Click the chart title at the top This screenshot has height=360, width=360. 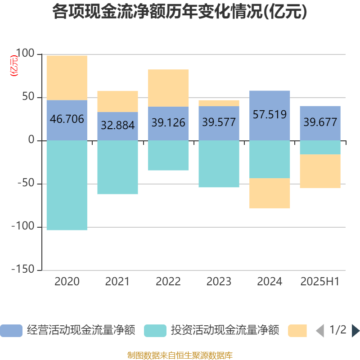click(x=180, y=12)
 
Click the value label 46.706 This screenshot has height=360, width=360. click(x=67, y=119)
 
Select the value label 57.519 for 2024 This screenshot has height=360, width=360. click(x=270, y=114)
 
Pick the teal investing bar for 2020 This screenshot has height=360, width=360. click(x=67, y=185)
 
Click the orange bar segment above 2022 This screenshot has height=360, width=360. click(x=168, y=88)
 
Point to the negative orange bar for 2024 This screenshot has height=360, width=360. click(x=270, y=193)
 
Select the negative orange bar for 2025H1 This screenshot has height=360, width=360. click(x=320, y=171)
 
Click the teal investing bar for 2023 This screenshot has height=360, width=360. click(x=219, y=164)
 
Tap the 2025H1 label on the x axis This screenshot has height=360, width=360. click(x=319, y=282)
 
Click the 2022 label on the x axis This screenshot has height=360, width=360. click(x=168, y=282)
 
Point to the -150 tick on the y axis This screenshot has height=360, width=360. click(x=25, y=269)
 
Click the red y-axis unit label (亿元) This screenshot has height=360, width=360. click(x=14, y=65)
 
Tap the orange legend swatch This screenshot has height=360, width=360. click(x=297, y=330)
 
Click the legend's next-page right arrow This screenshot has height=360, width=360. click(x=355, y=330)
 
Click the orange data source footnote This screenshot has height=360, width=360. click(x=180, y=355)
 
